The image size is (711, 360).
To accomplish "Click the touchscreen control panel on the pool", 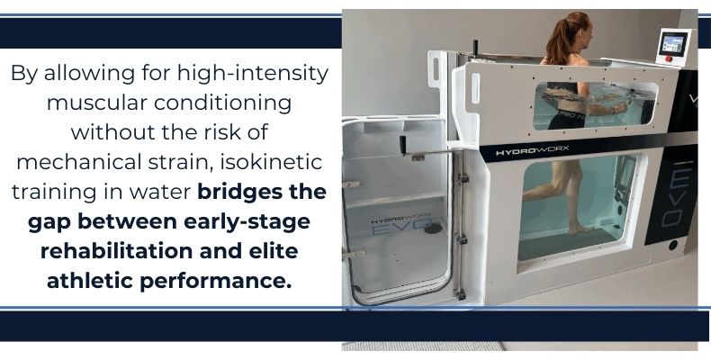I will (x=673, y=44).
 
